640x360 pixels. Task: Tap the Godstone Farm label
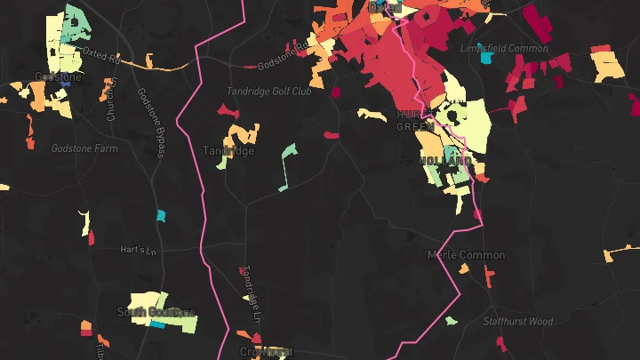pos(84,148)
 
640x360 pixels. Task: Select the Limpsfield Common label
pos(504,49)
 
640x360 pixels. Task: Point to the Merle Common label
pos(466,255)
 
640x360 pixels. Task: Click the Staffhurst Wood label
pos(517,321)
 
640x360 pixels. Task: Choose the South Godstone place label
pos(156,312)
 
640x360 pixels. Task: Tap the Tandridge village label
pos(228,151)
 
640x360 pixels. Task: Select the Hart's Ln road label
pos(132,250)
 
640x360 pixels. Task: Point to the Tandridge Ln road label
pos(254,294)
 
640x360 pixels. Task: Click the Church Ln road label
pos(112,100)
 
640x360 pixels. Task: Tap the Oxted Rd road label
pos(100,54)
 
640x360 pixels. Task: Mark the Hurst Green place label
pos(414,121)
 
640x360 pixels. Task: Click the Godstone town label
pos(58,77)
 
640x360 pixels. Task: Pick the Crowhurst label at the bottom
pos(266,352)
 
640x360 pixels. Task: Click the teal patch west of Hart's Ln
pos(161,215)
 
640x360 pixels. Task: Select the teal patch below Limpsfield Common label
pos(486,59)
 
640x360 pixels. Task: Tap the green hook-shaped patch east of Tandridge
pos(288,160)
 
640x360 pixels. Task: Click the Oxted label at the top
pos(385,7)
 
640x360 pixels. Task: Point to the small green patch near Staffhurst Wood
pos(451,321)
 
